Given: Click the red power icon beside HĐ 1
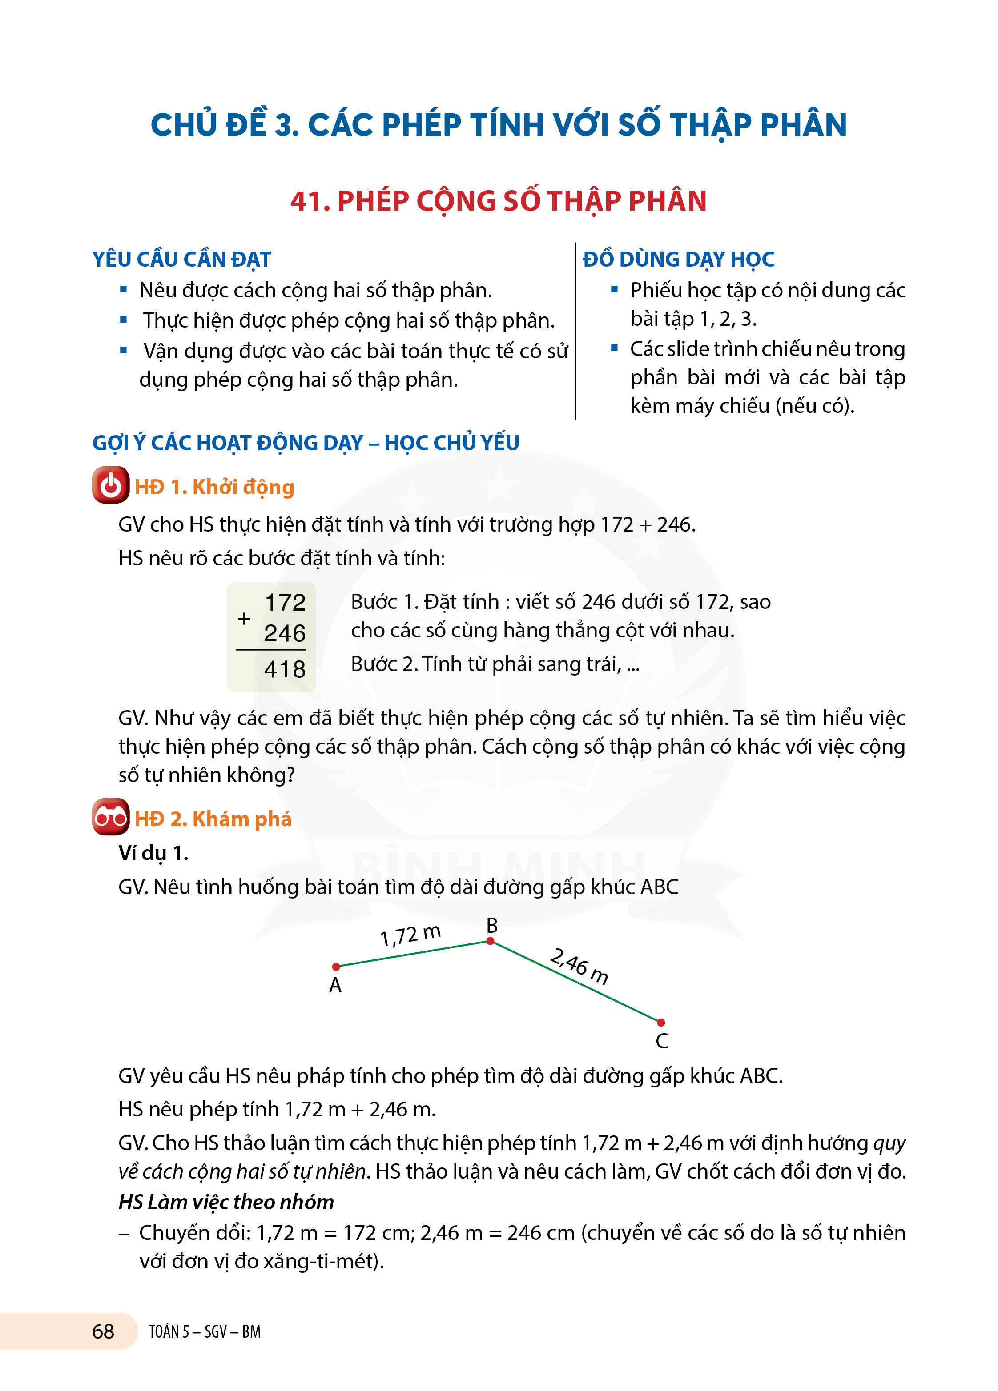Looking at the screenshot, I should (110, 485).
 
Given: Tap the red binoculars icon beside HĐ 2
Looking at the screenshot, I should (110, 817).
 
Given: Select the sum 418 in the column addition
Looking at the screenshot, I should (285, 668).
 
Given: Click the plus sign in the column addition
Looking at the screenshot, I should (244, 618).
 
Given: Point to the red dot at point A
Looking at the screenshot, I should (336, 967).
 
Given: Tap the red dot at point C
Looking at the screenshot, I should (661, 1023).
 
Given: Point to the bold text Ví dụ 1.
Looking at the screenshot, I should (153, 853).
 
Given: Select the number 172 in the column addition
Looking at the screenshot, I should (285, 602).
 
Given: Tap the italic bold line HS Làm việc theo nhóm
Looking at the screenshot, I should (226, 1202).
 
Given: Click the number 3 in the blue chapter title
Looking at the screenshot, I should (284, 125).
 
